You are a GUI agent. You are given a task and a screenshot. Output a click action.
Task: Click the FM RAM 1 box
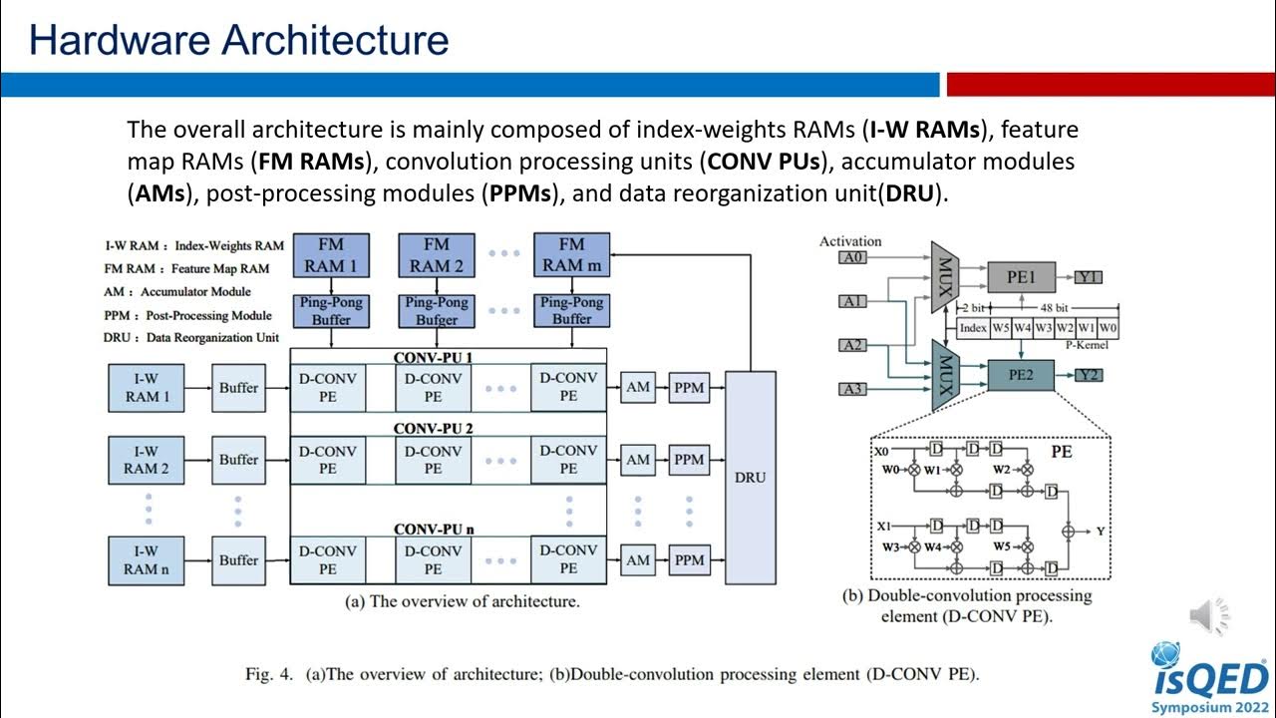coord(331,255)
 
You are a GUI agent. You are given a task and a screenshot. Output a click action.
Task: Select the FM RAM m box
coord(571,255)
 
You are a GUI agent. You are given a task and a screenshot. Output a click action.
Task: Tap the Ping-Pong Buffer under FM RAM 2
coord(437,310)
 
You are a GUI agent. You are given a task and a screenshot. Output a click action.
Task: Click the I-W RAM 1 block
coord(146,388)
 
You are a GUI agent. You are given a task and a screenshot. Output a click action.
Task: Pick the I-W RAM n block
coord(146,559)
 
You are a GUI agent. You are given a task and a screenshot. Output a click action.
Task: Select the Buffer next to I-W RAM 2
coord(238,460)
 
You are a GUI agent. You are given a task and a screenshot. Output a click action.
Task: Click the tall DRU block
coord(750,477)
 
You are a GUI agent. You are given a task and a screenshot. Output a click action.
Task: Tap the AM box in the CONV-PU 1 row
coord(638,387)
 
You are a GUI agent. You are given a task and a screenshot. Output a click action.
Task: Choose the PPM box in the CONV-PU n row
coord(689,559)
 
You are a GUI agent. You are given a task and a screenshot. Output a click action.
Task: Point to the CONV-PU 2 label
coord(433,429)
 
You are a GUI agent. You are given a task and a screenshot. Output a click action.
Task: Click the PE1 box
coord(1020,277)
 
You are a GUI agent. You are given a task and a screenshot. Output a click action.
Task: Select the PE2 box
coord(1020,375)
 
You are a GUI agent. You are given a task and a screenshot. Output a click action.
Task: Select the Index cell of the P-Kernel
coord(973,327)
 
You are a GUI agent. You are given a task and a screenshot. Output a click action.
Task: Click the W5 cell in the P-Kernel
coord(1001,327)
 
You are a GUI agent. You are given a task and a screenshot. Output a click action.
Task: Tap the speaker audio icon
coord(1209,618)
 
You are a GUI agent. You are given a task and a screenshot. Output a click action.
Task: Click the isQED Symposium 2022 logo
coord(1209,678)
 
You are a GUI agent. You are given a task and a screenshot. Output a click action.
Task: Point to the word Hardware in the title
coord(119,40)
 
